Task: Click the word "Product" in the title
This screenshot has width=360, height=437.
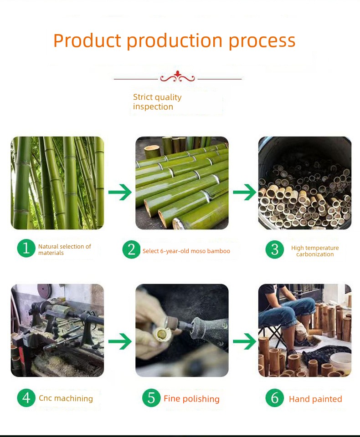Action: [x=87, y=41]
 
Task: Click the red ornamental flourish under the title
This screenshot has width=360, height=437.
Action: [x=177, y=76]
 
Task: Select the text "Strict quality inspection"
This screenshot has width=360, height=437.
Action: [x=157, y=102]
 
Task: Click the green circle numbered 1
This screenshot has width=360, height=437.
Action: [x=26, y=248]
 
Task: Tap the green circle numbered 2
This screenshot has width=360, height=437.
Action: [x=131, y=249]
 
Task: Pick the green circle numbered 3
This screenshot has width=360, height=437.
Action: [x=275, y=249]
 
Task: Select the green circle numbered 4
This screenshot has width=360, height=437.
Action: [x=26, y=398]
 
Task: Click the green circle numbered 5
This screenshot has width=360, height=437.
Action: [x=151, y=398]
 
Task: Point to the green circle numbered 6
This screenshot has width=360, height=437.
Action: [x=275, y=398]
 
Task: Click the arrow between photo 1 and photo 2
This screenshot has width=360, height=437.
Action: [x=120, y=192]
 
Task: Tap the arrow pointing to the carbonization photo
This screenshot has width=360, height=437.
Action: [x=244, y=192]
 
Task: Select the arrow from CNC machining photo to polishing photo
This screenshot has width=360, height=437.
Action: [x=120, y=341]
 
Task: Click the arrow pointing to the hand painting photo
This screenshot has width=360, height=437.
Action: [x=244, y=341]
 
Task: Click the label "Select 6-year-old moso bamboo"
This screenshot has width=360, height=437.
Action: [x=186, y=251]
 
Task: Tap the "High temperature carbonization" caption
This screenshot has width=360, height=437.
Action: [x=315, y=251]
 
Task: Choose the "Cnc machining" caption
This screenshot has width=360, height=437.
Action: [x=66, y=398]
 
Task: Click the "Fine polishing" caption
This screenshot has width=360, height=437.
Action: [x=191, y=399]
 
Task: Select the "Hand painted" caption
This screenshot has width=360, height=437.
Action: [x=315, y=399]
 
